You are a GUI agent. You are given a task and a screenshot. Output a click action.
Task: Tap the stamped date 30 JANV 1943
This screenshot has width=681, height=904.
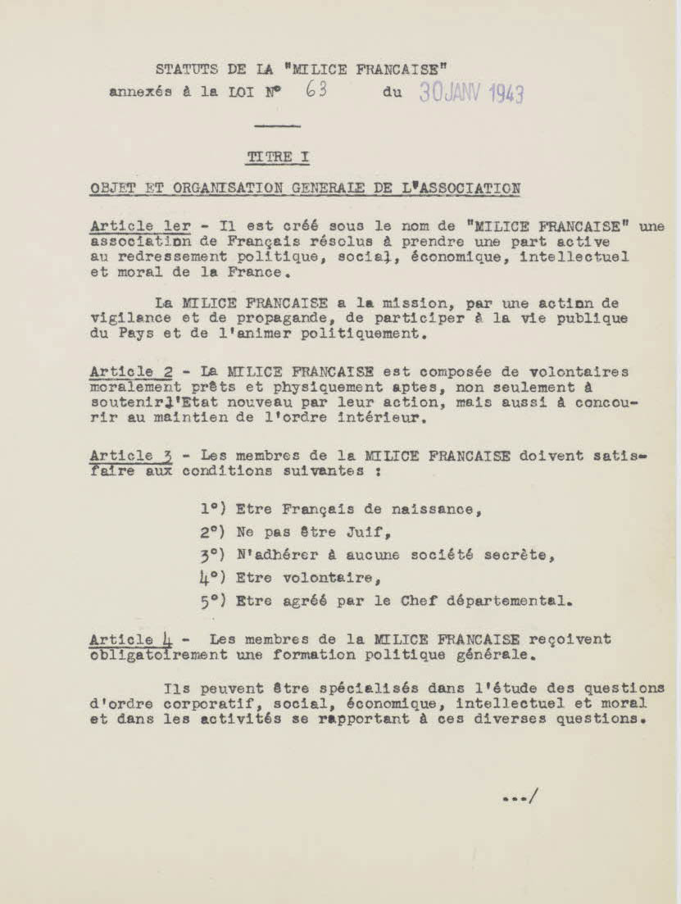471,92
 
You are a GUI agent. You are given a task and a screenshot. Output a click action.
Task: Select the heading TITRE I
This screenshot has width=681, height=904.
278,156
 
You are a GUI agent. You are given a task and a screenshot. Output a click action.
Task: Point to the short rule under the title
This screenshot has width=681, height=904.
277,125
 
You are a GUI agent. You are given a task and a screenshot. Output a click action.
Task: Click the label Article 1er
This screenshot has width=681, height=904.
140,226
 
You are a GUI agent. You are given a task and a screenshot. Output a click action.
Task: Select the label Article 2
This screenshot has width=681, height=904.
131,371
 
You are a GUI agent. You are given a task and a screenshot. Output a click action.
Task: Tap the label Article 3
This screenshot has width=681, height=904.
131,456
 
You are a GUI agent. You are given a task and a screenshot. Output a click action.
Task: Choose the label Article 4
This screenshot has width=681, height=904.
131,638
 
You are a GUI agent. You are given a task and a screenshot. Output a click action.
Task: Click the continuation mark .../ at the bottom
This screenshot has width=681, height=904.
520,795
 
